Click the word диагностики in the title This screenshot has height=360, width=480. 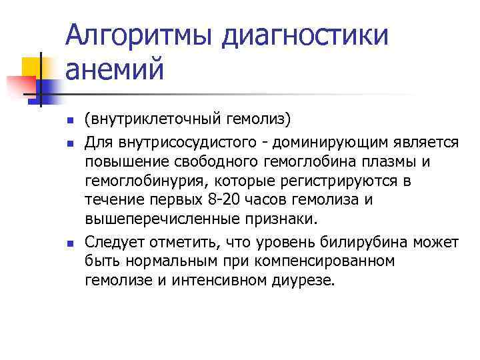(x=304, y=35)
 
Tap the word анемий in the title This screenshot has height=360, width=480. (x=114, y=70)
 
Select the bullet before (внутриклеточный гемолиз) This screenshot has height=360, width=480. (x=70, y=121)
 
